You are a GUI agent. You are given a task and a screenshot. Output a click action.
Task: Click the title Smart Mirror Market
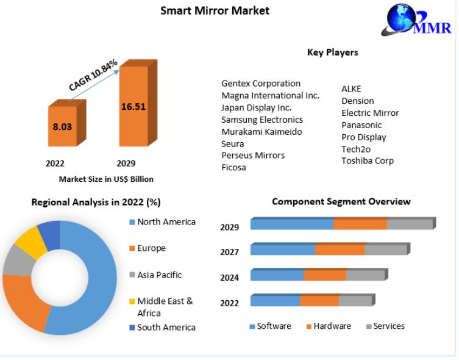(215, 10)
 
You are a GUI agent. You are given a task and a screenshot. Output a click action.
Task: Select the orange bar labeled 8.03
(63, 127)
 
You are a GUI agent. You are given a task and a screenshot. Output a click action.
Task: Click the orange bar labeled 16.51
(133, 107)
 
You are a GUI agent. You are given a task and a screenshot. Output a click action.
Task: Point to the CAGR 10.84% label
(93, 76)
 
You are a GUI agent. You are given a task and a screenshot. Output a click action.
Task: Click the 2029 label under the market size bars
(126, 164)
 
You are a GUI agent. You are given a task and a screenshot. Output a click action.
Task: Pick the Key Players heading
(332, 52)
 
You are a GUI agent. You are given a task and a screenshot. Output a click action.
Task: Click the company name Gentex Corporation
(261, 84)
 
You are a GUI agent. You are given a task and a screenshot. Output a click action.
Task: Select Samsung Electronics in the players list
(262, 120)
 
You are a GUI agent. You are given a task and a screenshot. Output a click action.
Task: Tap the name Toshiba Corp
(368, 161)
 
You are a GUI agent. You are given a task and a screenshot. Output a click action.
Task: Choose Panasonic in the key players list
(361, 125)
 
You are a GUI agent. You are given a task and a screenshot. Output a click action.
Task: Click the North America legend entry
(166, 222)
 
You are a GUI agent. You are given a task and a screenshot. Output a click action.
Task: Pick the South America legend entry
(166, 328)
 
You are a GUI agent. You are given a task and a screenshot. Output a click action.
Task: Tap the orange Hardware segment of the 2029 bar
(360, 225)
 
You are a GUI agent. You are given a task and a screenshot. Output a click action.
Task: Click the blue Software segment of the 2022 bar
(275, 301)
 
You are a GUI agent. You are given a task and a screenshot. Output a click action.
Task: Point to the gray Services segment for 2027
(385, 250)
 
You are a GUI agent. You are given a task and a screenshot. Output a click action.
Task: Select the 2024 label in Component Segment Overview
(229, 278)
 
